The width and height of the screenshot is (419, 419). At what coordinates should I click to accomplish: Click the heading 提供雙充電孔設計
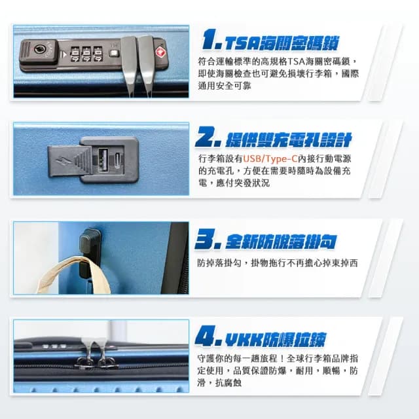coord(288,139)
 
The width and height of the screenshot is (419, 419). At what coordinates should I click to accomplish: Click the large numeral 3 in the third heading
coord(206,240)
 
